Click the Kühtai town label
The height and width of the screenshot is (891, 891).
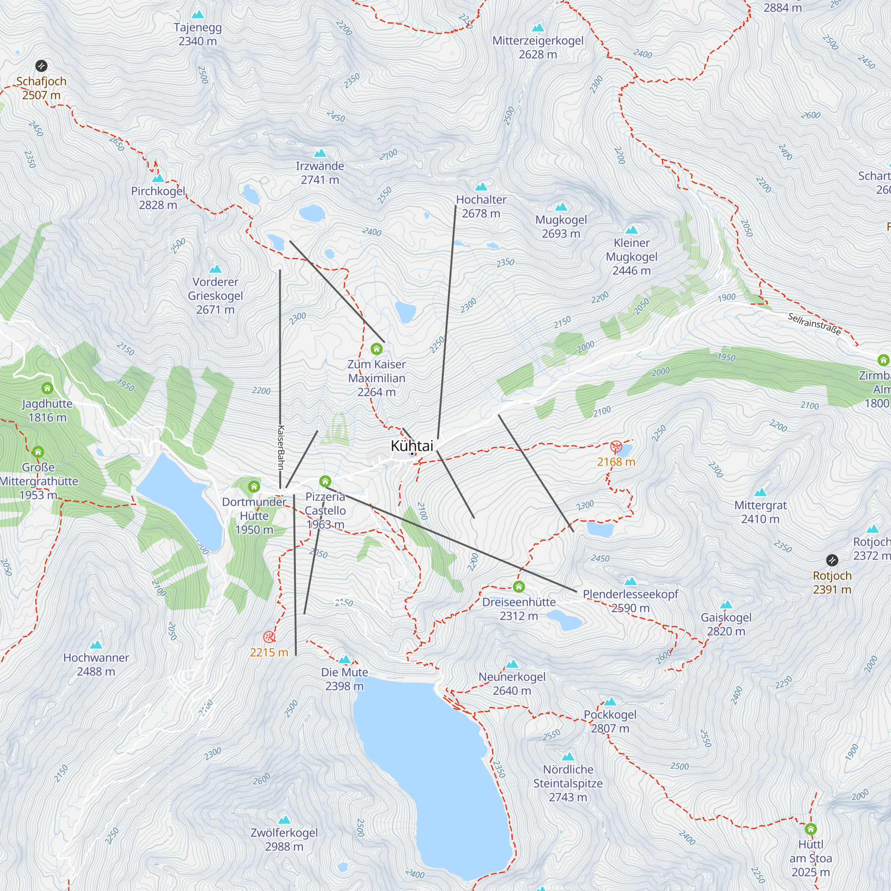click(x=412, y=446)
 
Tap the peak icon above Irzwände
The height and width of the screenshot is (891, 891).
click(x=319, y=153)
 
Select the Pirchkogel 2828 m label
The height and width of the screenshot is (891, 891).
click(x=158, y=198)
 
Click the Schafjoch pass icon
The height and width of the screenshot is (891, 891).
click(x=41, y=66)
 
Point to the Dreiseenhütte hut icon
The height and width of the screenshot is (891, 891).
click(x=519, y=587)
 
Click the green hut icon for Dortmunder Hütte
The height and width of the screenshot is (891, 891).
click(x=254, y=486)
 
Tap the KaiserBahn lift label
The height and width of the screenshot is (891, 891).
click(x=280, y=447)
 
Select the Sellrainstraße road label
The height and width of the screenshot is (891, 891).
click(x=814, y=323)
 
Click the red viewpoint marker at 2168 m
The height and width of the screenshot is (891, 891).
click(x=616, y=447)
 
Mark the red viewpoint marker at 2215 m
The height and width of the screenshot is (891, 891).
click(x=269, y=638)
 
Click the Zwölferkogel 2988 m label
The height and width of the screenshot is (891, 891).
click(x=284, y=839)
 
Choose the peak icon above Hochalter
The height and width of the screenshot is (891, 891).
click(x=481, y=187)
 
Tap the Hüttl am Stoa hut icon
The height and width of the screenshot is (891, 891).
click(x=811, y=829)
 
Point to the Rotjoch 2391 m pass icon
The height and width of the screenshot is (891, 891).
click(x=832, y=560)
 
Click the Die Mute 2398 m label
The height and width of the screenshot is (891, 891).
click(x=344, y=679)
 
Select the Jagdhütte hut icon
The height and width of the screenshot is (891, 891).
click(x=47, y=388)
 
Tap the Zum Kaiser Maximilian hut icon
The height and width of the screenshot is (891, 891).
click(x=377, y=349)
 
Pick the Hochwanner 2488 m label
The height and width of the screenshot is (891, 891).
click(x=96, y=664)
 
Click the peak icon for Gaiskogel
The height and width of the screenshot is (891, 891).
click(x=726, y=605)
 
